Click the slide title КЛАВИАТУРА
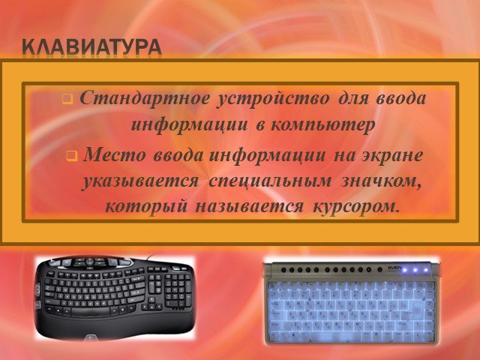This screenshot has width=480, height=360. (91, 48)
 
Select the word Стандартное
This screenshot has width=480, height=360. (145, 98)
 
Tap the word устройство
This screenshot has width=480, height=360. (273, 99)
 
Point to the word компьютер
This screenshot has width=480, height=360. (322, 125)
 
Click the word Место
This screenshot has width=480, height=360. (115, 155)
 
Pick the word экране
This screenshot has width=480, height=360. (393, 155)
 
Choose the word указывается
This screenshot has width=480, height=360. (140, 181)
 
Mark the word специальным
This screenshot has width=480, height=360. (270, 181)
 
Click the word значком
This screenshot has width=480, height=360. (381, 181)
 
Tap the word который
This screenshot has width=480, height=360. (146, 207)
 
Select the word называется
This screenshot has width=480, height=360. (250, 206)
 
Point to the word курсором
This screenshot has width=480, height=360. (356, 207)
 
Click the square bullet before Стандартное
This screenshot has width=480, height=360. (67, 99)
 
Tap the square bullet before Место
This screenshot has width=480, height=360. (72, 156)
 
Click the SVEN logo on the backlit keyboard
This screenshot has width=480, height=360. (394, 268)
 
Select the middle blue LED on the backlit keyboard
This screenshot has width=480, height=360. (415, 270)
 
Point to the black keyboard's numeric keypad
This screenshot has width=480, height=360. (177, 289)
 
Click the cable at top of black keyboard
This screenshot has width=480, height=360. (151, 257)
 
